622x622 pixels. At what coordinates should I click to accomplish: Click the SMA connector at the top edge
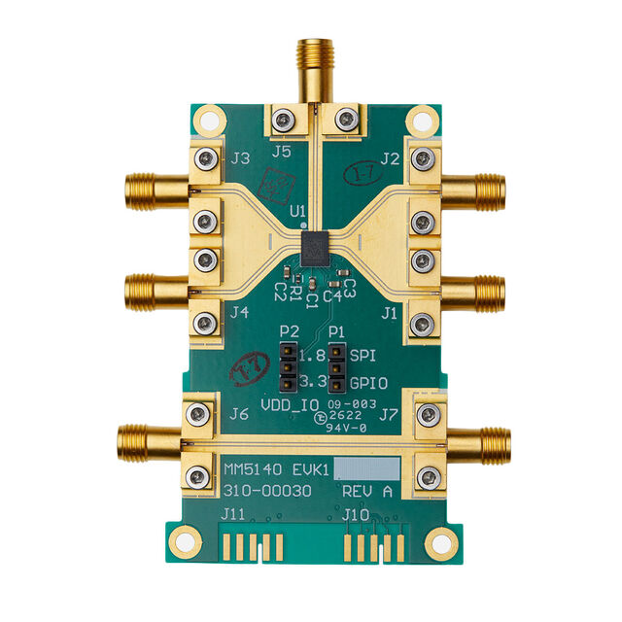pos(312,63)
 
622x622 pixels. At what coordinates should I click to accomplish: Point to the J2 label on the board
pos(391,156)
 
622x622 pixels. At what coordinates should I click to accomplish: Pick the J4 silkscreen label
pos(240,313)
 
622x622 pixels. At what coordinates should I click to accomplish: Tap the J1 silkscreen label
pos(390,313)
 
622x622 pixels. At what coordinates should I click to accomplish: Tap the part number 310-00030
pos(268,492)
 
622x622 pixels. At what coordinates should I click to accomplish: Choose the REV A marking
pos(368,492)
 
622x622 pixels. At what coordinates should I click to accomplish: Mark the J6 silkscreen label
pos(240,415)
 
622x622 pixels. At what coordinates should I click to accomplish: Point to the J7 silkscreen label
pos(389,415)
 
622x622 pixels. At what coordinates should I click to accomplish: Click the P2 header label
pos(288,332)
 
